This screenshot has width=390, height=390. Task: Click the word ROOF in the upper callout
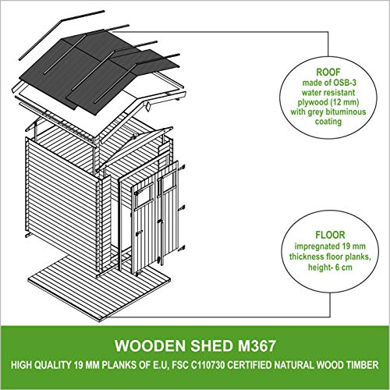(328, 72)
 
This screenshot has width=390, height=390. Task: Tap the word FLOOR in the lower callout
(330, 235)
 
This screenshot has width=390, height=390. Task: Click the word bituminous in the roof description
(346, 112)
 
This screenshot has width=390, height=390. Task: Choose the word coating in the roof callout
(328, 122)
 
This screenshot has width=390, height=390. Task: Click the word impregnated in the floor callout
(314, 246)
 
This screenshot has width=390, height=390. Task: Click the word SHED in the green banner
(211, 346)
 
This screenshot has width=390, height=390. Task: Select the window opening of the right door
(168, 183)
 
